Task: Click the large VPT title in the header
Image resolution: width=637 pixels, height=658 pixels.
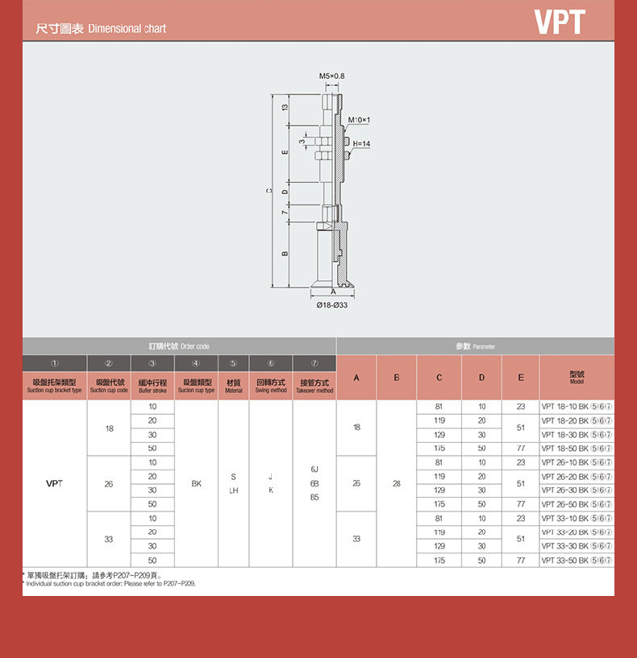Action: [560, 23]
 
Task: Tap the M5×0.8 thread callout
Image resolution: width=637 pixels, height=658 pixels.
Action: [331, 76]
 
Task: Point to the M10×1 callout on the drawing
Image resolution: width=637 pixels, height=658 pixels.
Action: [360, 120]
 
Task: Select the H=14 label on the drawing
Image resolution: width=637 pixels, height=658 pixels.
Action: [361, 143]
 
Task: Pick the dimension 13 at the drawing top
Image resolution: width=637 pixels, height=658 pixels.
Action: [285, 108]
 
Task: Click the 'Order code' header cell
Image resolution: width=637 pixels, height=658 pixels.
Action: [179, 346]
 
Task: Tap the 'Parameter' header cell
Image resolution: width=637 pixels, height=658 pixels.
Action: [475, 346]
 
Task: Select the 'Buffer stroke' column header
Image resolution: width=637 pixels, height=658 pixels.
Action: [152, 385]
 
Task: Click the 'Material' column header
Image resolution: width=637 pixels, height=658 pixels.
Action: [234, 385]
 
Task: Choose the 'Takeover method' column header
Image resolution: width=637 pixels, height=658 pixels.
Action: [314, 385]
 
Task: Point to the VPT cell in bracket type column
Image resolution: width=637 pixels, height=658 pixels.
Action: [54, 484]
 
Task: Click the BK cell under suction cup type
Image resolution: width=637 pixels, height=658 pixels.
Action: [197, 484]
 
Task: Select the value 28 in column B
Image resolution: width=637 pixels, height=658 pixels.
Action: [396, 484]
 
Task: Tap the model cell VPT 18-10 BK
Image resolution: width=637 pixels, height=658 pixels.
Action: [576, 407]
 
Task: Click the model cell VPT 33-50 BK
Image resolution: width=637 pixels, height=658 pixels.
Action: [576, 560]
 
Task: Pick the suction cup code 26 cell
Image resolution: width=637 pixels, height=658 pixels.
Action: [109, 484]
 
